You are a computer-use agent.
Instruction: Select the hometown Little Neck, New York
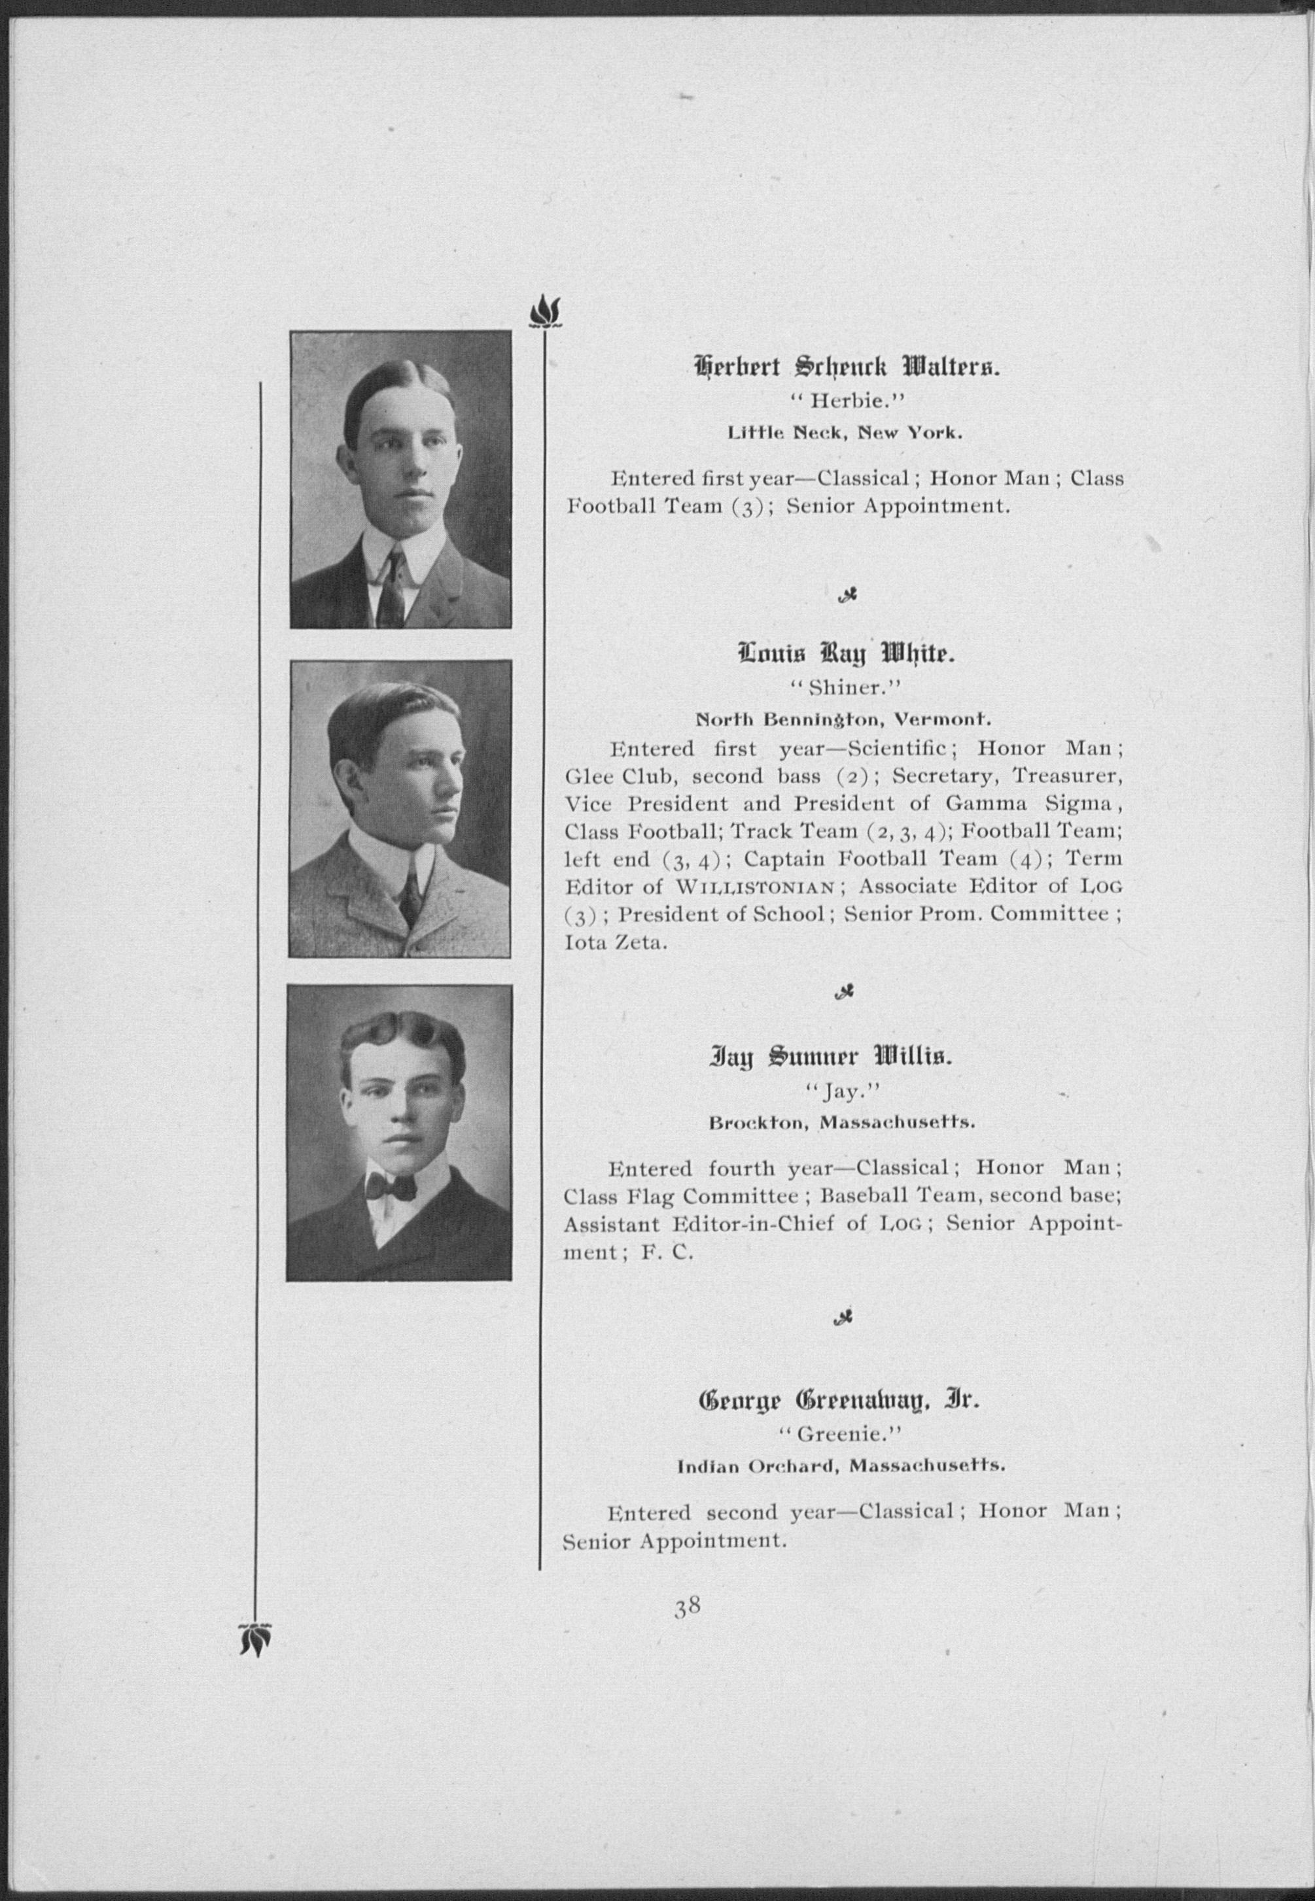845,432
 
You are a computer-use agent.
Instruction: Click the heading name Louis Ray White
846,655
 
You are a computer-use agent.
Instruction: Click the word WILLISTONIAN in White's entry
756,887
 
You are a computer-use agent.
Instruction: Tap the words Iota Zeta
616,942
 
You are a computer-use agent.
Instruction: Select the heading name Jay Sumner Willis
830,1057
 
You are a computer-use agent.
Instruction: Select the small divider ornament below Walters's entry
845,596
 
